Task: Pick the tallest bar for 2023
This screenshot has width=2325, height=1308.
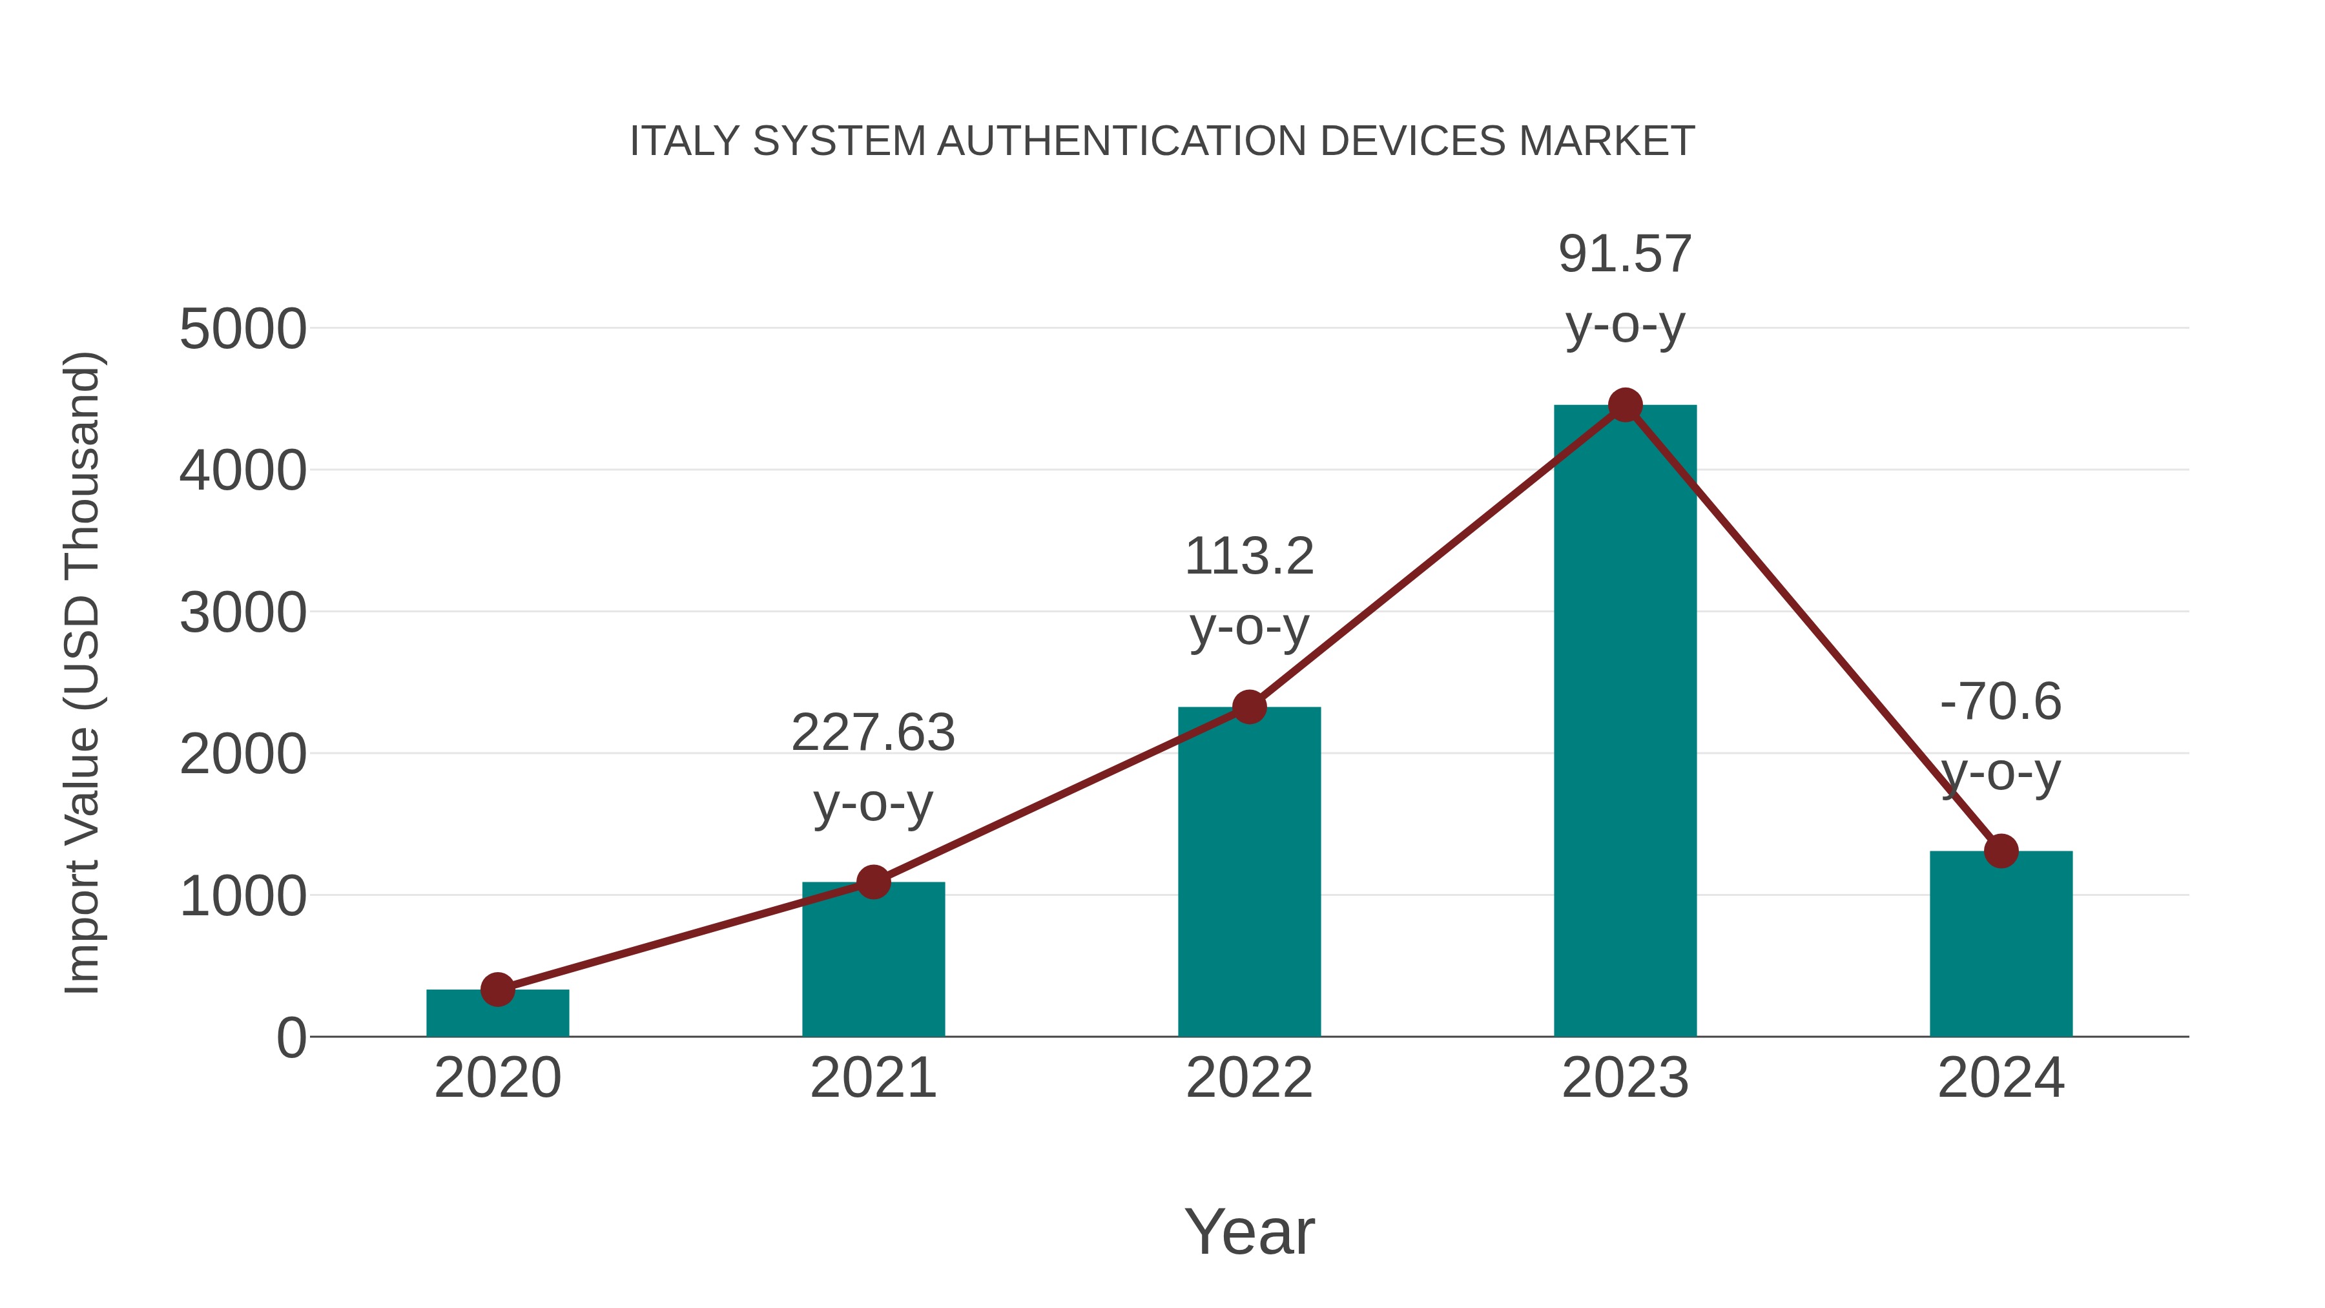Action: [x=1625, y=722]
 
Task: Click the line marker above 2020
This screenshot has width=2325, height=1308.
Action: [x=497, y=990]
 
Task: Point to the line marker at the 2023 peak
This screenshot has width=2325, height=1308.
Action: [x=1625, y=405]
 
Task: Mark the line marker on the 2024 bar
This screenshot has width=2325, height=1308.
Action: [x=2001, y=850]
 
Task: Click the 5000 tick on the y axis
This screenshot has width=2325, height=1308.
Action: [x=243, y=329]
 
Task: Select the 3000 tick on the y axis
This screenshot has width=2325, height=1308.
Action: [x=243, y=614]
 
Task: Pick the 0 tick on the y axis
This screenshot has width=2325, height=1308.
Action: [x=291, y=1038]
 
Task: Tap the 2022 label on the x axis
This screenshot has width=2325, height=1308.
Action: [x=1249, y=1078]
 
